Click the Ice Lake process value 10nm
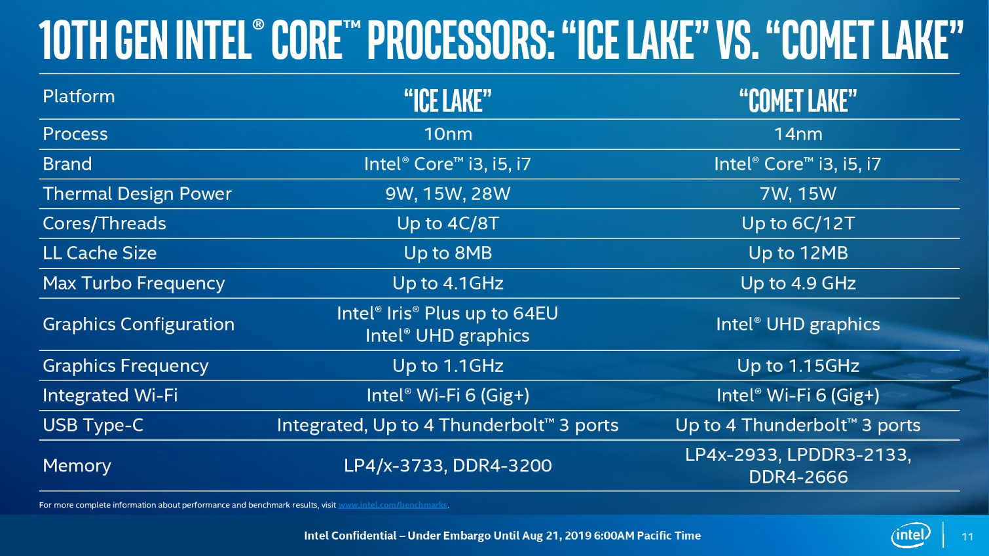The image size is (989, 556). click(x=448, y=134)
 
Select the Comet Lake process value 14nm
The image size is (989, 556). click(x=798, y=134)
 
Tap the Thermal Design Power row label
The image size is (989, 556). click(x=137, y=194)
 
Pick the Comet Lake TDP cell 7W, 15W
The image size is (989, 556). click(x=798, y=194)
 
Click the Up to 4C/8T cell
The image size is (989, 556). click(x=448, y=223)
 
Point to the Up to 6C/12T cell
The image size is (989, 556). click(x=798, y=223)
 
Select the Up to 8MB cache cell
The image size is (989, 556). click(x=448, y=253)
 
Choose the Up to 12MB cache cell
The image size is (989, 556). click(x=798, y=253)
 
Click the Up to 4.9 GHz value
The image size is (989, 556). click(x=798, y=283)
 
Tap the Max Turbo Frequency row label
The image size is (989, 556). click(x=134, y=284)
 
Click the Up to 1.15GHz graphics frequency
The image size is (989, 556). click(x=798, y=365)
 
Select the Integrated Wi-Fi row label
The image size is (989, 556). click(x=110, y=396)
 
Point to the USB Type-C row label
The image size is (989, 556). click(x=93, y=425)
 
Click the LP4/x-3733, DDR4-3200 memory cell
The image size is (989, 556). click(x=448, y=466)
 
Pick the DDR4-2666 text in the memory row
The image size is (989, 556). click(x=798, y=477)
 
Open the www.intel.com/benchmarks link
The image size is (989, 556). click(x=392, y=505)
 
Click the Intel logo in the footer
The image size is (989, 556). click(x=910, y=535)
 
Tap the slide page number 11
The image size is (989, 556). click(x=967, y=536)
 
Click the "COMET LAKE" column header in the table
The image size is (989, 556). click(x=798, y=101)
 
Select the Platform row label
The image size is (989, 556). click(x=79, y=97)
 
